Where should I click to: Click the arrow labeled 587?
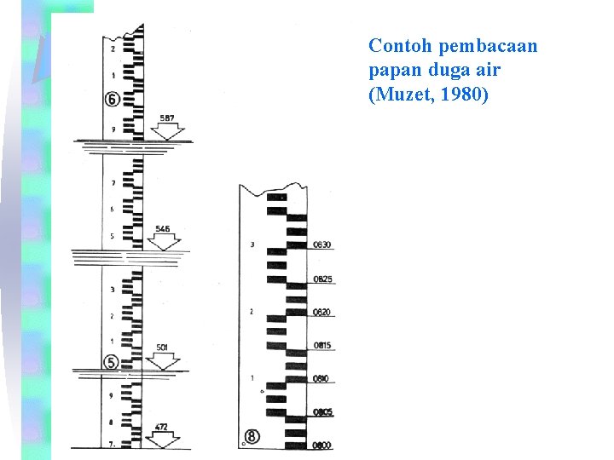[167, 130]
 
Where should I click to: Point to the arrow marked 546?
[165, 242]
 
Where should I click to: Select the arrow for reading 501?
[164, 360]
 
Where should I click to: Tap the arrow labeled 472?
[163, 439]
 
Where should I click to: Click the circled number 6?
[112, 100]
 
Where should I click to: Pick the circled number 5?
[112, 362]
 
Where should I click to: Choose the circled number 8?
[252, 438]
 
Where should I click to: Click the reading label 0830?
[322, 245]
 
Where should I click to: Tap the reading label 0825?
[322, 279]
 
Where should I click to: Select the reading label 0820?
[322, 313]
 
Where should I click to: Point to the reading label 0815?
[322, 346]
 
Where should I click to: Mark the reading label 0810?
[322, 379]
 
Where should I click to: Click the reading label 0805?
[322, 413]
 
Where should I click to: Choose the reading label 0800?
[322, 446]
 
